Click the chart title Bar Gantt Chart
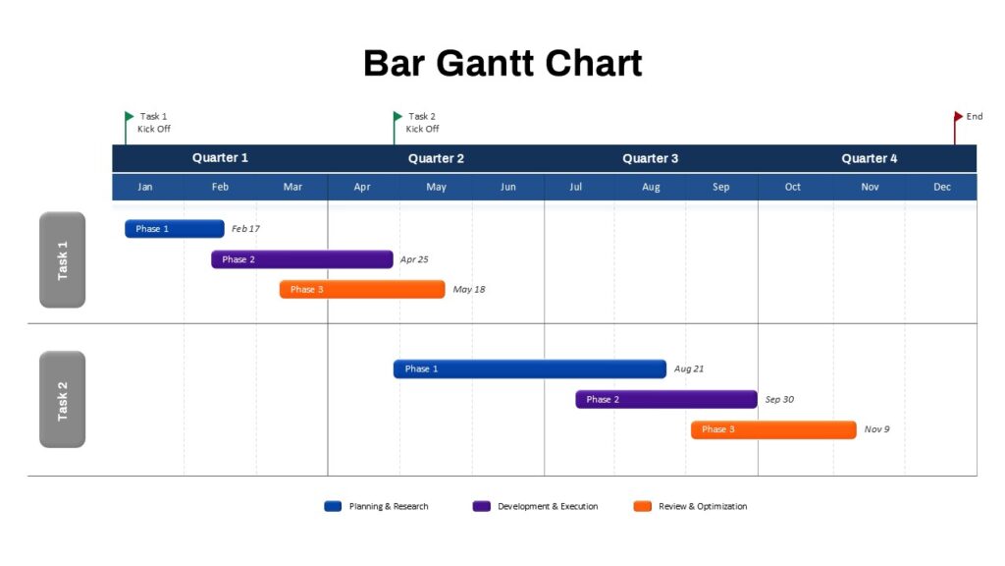click(502, 63)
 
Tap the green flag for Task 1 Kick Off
click(130, 117)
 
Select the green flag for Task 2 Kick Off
click(397, 117)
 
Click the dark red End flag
click(958, 117)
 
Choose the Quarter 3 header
click(650, 158)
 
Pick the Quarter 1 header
click(220, 158)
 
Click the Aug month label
click(651, 187)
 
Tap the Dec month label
click(942, 187)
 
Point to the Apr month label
click(362, 187)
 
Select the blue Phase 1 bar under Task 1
click(175, 229)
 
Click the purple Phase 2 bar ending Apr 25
click(301, 259)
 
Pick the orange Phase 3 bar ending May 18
click(362, 290)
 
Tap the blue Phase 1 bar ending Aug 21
click(530, 368)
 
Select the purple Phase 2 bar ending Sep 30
click(666, 399)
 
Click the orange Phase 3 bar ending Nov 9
click(773, 429)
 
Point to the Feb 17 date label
click(245, 229)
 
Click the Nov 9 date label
click(876, 429)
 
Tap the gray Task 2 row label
click(63, 399)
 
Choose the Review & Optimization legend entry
click(693, 506)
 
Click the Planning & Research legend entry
click(378, 506)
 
